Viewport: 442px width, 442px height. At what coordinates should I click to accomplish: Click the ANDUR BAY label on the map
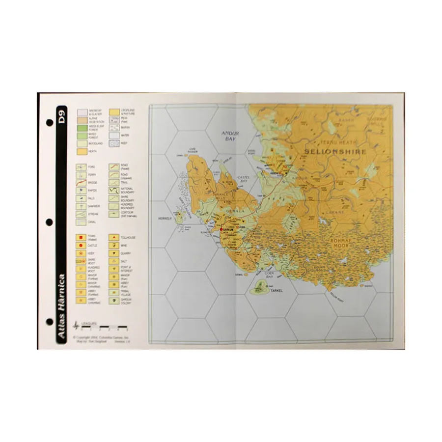229,135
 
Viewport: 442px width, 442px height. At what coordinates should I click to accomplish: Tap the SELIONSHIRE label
335,152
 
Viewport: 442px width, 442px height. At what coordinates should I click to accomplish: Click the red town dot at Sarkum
222,229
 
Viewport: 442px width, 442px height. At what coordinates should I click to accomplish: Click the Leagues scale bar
103,327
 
